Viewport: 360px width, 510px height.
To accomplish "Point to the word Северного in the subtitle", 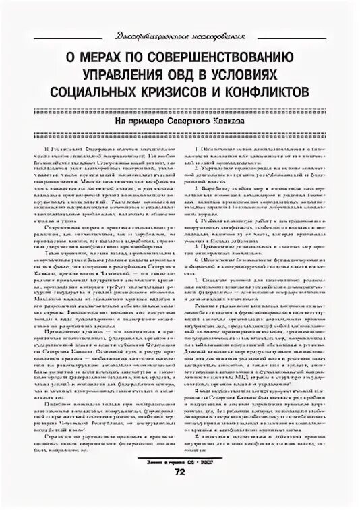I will (x=197, y=122).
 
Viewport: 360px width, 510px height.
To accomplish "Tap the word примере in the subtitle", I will (x=156, y=122).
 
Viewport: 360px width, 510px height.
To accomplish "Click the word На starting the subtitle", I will (x=129, y=122).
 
